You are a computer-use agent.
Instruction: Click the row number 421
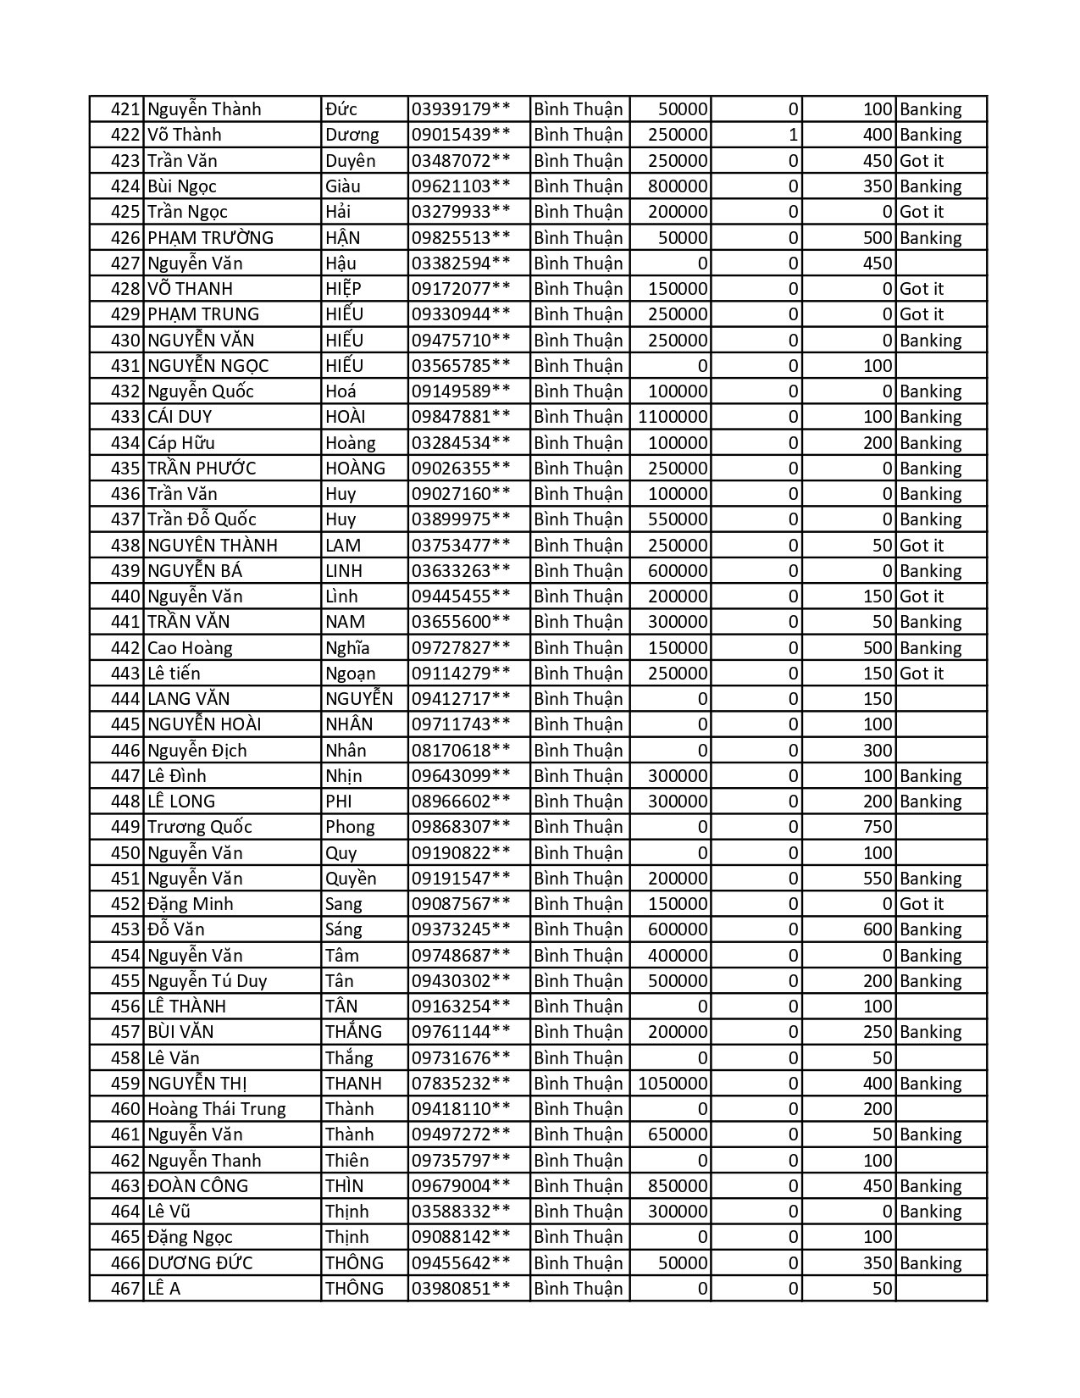pos(126,109)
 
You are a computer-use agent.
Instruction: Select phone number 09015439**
pos(461,135)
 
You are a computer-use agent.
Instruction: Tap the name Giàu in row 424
pos(342,186)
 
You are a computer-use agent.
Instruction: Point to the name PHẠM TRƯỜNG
pos(210,238)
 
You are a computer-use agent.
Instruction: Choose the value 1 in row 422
pos(792,135)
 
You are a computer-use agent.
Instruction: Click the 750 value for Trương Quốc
pos(878,827)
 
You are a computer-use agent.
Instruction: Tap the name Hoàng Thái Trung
pos(216,1109)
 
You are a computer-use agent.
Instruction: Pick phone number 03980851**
pos(461,1289)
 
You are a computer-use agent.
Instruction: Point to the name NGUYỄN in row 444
pos(359,699)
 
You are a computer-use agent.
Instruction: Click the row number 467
pos(126,1289)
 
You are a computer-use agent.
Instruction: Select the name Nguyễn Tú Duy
pos(207,981)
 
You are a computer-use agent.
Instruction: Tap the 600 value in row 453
pos(878,929)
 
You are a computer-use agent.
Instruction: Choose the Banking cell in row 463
pos(930,1186)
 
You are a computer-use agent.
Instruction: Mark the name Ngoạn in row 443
pos(350,674)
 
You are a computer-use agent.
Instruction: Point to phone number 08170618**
pos(461,751)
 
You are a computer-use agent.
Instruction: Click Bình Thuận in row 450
pos(579,853)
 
